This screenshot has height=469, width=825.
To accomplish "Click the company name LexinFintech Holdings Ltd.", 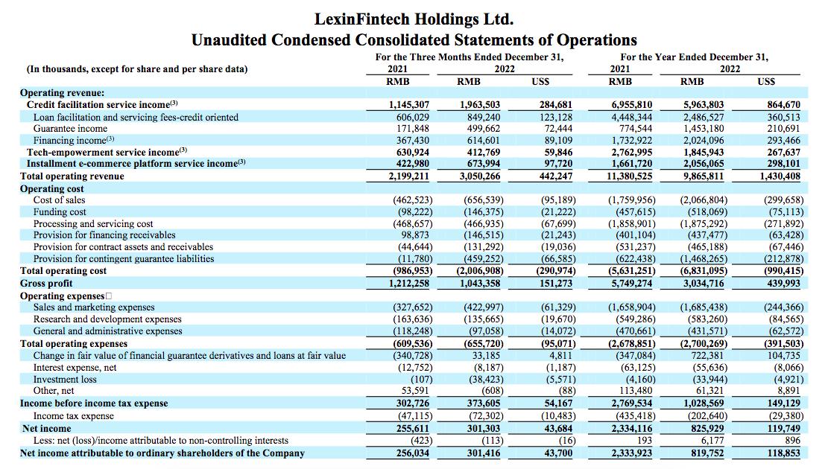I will click(414, 18).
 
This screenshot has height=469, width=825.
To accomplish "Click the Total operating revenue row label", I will click(72, 176).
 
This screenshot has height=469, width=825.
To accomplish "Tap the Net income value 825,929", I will click(704, 428).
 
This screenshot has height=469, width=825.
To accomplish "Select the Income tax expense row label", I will click(73, 415).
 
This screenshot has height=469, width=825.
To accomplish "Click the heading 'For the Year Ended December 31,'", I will click(694, 57).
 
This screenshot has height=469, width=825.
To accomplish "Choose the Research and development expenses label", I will click(107, 319).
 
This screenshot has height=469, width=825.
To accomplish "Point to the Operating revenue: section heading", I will click(63, 93).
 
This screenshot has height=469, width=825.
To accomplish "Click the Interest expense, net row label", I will click(75, 367).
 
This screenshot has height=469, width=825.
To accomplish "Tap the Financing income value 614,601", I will click(480, 141).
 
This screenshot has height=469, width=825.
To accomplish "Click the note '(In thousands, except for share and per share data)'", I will click(138, 69).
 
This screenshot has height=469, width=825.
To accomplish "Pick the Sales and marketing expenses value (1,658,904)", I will click(632, 307).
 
